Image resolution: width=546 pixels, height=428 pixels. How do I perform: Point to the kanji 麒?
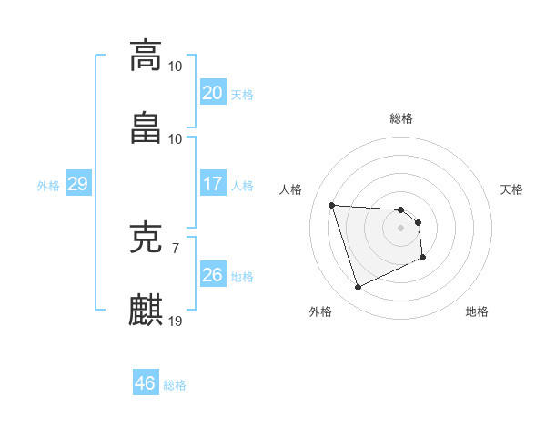coord(146,310)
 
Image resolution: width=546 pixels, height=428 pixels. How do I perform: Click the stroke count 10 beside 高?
coord(176,66)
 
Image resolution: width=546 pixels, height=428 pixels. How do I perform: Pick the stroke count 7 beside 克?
coord(176,248)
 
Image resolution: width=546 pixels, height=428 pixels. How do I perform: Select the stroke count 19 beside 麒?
coord(176,321)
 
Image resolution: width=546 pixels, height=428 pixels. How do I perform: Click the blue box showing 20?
coord(213,93)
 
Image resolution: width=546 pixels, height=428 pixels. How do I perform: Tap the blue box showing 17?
coord(213,184)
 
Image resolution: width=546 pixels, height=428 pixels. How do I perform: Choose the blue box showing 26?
coord(213,275)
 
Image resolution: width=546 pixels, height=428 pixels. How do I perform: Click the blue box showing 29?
coord(77,184)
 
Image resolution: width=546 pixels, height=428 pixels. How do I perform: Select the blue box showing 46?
coord(146,383)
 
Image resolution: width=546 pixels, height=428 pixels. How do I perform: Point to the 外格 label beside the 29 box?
coord(48,186)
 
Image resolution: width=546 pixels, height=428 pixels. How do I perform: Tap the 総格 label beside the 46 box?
coord(175,385)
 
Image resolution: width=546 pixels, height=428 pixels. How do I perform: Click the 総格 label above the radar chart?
coord(401,118)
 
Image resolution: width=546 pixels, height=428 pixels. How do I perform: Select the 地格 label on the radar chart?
coord(477,311)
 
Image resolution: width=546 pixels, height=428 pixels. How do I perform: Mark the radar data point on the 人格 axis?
coord(331,205)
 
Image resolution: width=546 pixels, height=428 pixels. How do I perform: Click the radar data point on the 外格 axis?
coord(358,288)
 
